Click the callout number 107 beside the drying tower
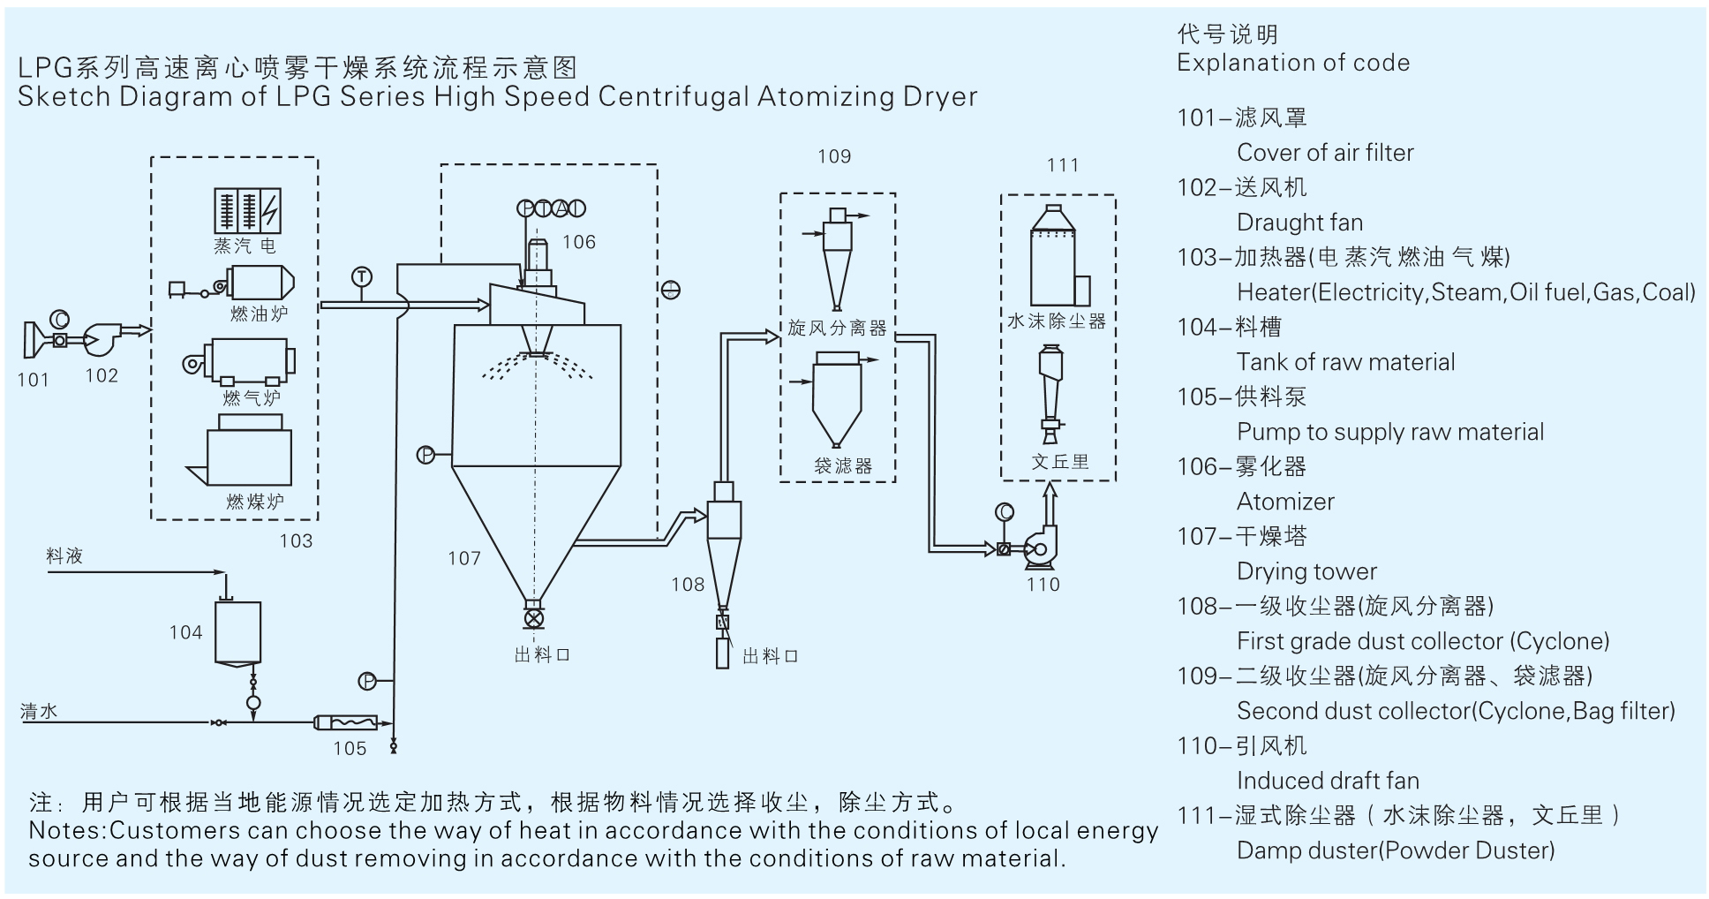pos(464,558)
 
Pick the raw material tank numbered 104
pos(238,633)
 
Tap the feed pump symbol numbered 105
pos(346,722)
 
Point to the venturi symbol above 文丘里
pos(1050,393)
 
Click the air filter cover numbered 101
pos(35,340)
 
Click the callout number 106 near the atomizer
pos(579,242)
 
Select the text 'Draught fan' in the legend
pos(1299,223)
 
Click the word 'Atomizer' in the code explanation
pos(1284,502)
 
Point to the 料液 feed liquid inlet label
pos(64,556)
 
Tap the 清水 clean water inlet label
pos(40,711)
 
